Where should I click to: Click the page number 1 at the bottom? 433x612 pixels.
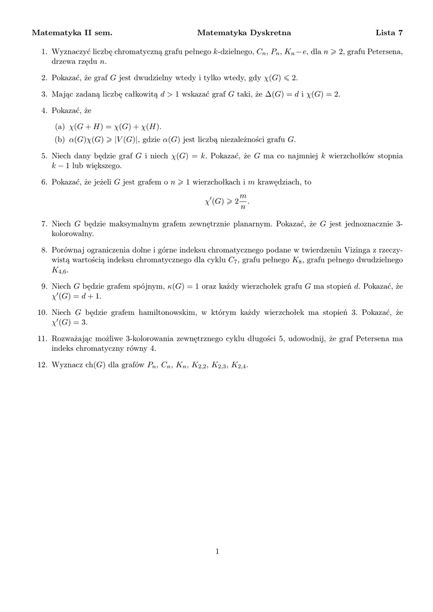click(x=218, y=552)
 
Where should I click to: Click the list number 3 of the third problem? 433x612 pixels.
click(x=44, y=94)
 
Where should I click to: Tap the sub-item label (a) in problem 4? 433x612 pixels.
click(x=59, y=126)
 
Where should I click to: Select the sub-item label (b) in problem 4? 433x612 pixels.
click(x=59, y=140)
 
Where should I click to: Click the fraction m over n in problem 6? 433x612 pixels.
click(x=242, y=201)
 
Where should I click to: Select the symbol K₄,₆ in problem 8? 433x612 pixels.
click(x=60, y=270)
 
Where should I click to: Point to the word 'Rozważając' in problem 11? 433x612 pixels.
click(x=72, y=339)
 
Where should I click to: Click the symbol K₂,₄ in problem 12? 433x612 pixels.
click(x=238, y=366)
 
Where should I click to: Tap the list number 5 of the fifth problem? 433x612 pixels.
click(x=44, y=156)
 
